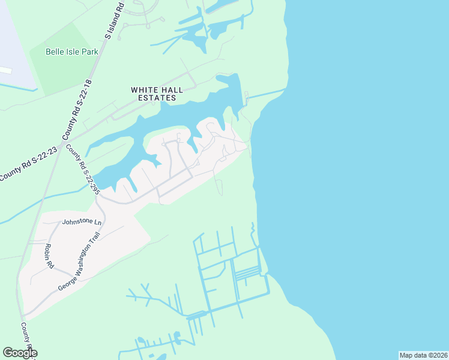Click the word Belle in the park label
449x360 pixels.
(56, 52)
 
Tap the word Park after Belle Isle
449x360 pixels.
(89, 52)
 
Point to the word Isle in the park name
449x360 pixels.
(73, 52)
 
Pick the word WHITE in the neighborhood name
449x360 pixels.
(143, 90)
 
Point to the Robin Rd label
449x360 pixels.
(49, 256)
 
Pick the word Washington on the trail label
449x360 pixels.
(86, 259)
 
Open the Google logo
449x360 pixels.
(19, 353)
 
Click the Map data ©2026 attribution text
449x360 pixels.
(423, 355)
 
